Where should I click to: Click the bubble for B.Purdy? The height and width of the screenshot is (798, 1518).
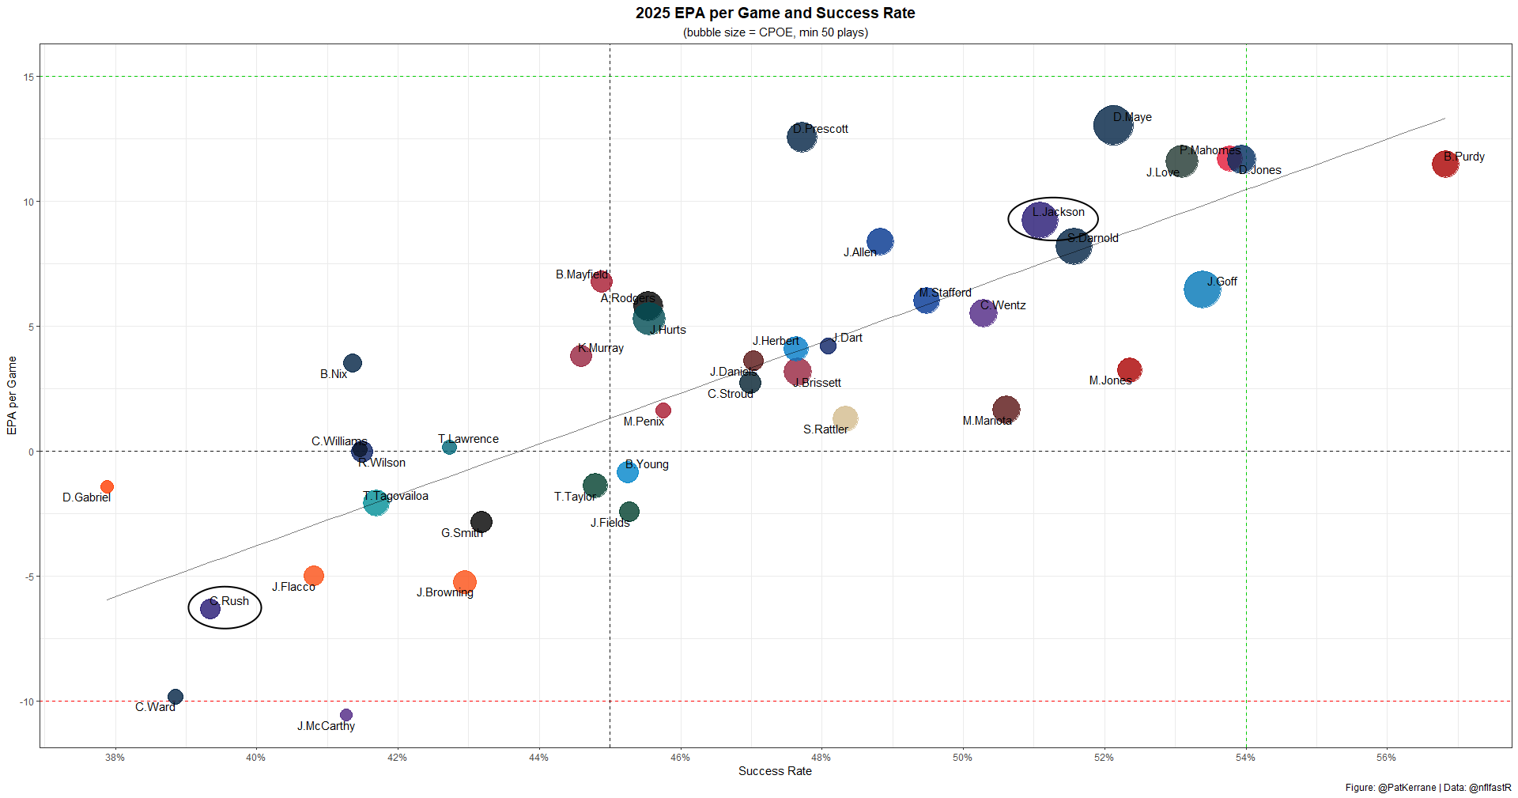pos(1444,164)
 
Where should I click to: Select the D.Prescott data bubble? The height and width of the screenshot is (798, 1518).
pos(801,137)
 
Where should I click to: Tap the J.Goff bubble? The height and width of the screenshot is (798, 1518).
pos(1202,289)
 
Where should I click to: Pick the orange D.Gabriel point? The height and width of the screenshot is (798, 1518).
pos(107,486)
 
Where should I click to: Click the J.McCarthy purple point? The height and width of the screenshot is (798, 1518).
pos(346,715)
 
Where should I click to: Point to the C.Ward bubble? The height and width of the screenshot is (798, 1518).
pos(176,697)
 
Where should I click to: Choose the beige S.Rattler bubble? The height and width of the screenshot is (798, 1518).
pos(844,418)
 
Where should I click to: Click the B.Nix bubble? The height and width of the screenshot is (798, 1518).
pos(353,363)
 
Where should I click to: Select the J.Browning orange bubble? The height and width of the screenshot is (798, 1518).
pos(464,582)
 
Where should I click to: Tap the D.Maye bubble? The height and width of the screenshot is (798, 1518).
pos(1112,125)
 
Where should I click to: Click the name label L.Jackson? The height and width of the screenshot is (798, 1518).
pos(1058,212)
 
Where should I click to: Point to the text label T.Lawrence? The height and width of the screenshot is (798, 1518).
pos(468,439)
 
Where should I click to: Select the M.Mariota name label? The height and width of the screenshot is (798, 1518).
pos(987,421)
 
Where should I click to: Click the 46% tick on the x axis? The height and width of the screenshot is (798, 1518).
pos(680,758)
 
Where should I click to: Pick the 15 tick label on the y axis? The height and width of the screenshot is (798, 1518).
pos(28,77)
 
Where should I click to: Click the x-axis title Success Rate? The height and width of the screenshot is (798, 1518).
pos(775,771)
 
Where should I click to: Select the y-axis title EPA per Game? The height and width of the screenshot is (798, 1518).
pos(12,395)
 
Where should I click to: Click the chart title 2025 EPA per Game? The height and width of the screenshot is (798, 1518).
pos(775,13)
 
